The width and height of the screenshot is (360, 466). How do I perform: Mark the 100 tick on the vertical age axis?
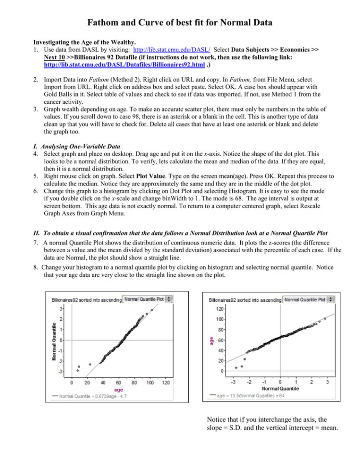220,319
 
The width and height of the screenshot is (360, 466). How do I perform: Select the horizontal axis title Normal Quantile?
281,387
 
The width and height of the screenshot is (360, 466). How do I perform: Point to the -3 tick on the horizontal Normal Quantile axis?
234,381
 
